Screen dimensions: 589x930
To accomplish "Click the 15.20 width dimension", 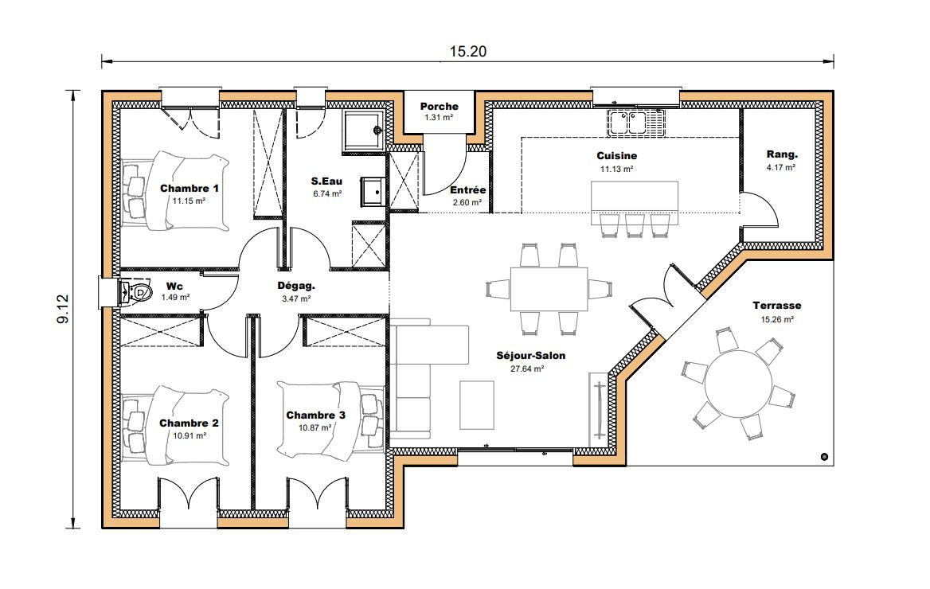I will pyautogui.click(x=467, y=52).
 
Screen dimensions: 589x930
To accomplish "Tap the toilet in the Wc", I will pyautogui.click(x=137, y=293).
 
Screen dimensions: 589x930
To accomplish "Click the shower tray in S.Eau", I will pyautogui.click(x=363, y=130).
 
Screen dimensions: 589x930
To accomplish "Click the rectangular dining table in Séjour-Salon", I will pyautogui.click(x=549, y=288).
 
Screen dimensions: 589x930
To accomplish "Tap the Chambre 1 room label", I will pyautogui.click(x=190, y=189).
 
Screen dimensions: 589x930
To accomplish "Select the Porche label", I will pyautogui.click(x=439, y=107).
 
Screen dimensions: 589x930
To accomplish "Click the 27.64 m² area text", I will pyautogui.click(x=527, y=369).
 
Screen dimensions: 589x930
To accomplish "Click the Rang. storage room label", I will pyautogui.click(x=781, y=154).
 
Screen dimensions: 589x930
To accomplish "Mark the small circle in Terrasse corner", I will pyautogui.click(x=823, y=457).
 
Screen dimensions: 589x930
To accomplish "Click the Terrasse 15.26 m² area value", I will pyautogui.click(x=776, y=319).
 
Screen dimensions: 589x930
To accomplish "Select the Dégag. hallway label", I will pyautogui.click(x=296, y=285).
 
